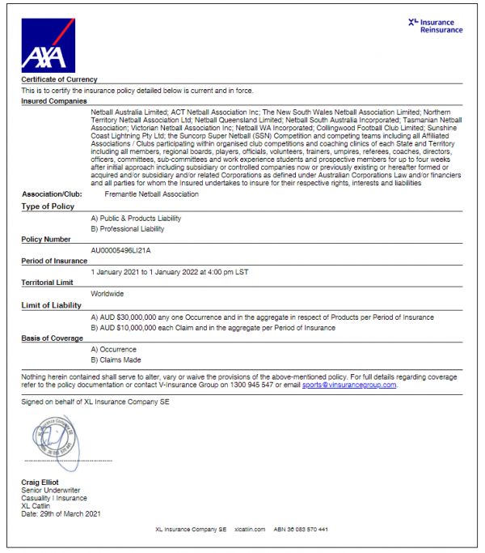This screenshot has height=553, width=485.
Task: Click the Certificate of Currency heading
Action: (59, 79)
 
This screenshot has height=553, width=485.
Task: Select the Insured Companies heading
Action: (53, 101)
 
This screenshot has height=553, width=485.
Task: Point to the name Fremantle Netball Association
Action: (152, 194)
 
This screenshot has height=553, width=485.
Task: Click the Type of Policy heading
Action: (48, 206)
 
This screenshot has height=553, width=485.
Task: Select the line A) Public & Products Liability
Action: (136, 218)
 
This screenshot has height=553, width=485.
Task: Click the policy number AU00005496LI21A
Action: (121, 250)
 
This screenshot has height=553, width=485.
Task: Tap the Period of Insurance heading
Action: (54, 261)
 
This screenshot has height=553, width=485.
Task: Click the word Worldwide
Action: (108, 294)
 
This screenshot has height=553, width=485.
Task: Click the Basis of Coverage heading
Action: (53, 338)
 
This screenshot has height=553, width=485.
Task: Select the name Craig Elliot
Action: (40, 483)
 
